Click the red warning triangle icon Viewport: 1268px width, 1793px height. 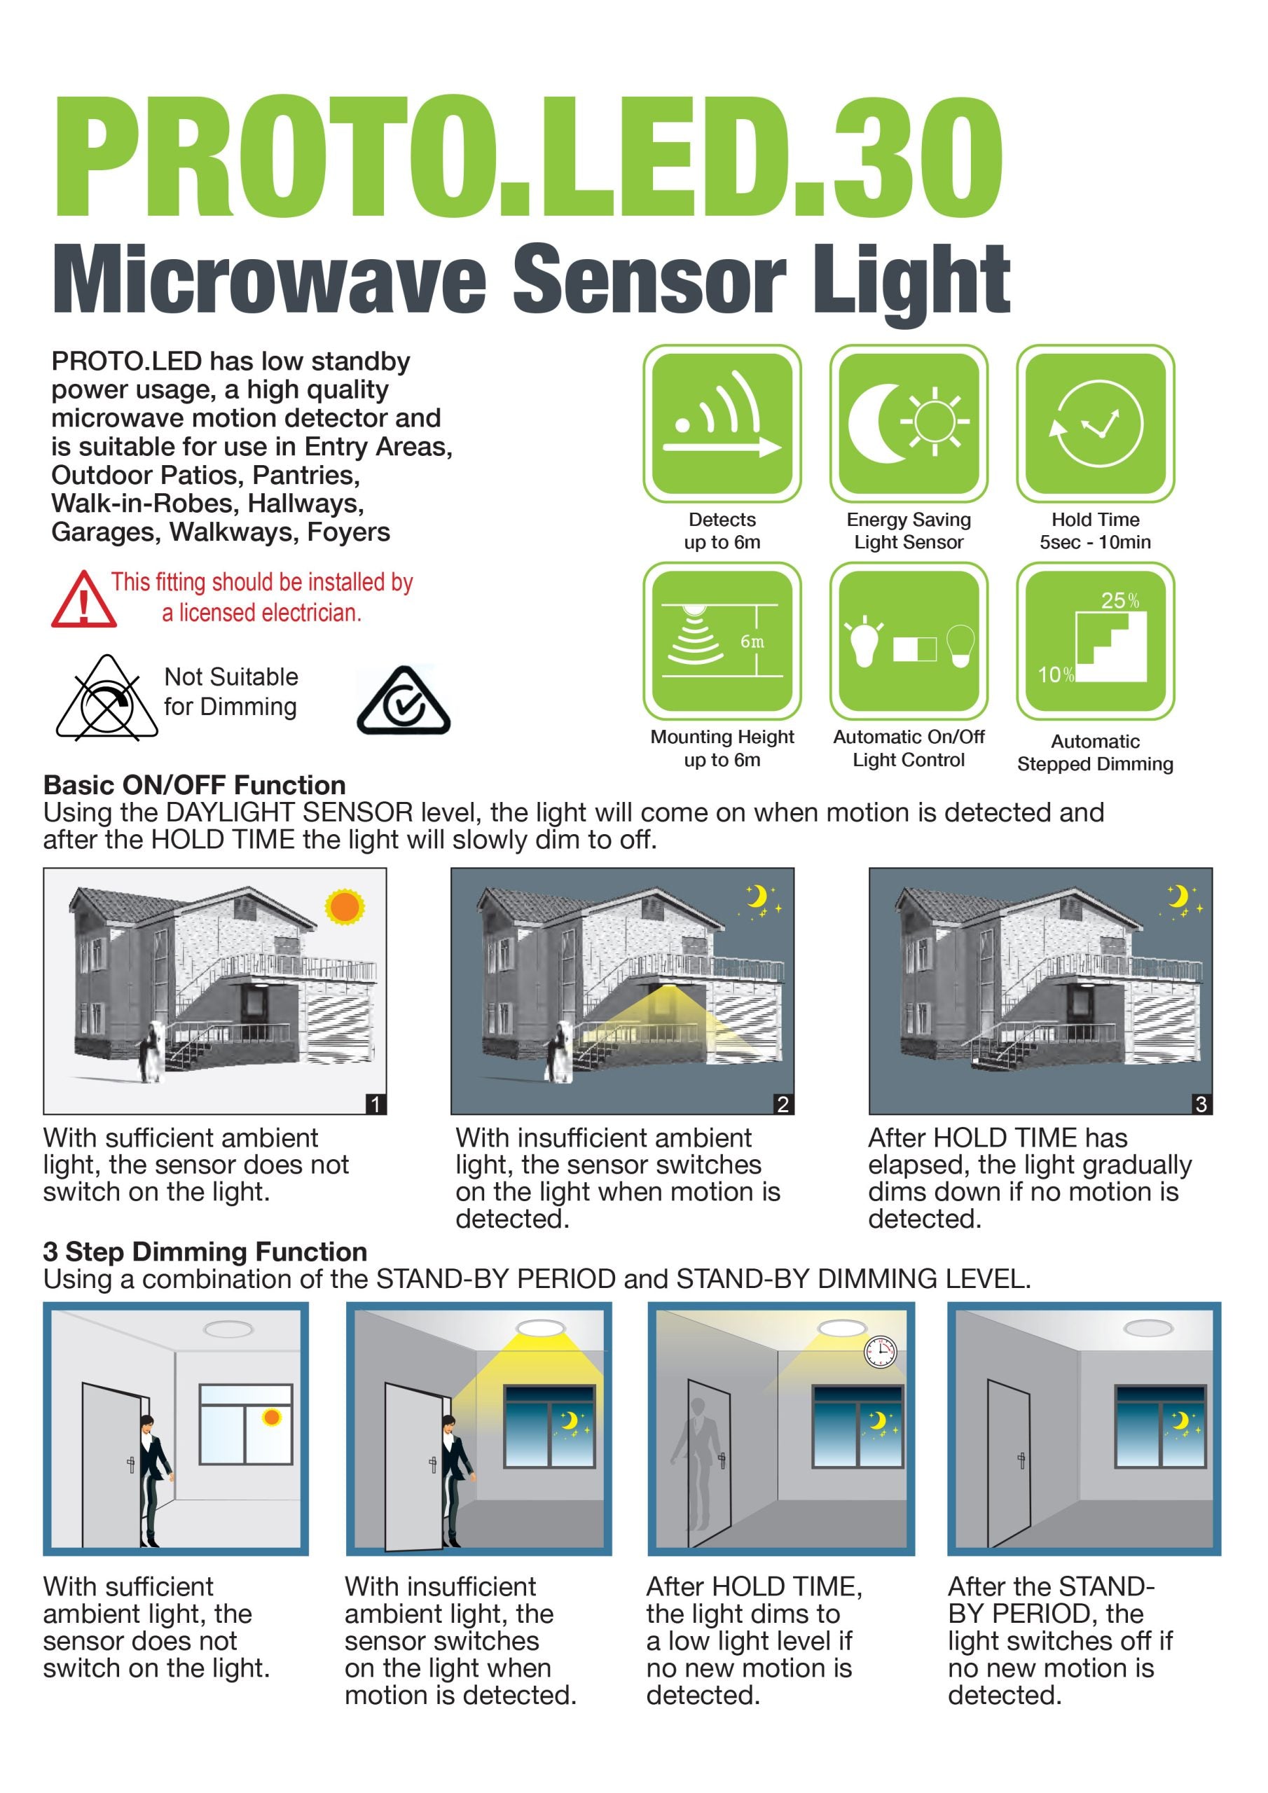click(x=83, y=600)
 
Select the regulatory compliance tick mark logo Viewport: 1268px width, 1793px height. click(x=404, y=701)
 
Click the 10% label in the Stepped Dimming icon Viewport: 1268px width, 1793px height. click(x=1055, y=674)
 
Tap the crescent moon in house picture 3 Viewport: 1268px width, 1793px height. click(x=1178, y=896)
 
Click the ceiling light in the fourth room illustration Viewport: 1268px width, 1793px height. click(x=1148, y=1329)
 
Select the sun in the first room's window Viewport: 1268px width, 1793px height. click(x=271, y=1418)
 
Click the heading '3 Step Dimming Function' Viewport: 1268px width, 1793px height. click(x=205, y=1252)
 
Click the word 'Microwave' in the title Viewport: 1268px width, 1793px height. click(x=270, y=279)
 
